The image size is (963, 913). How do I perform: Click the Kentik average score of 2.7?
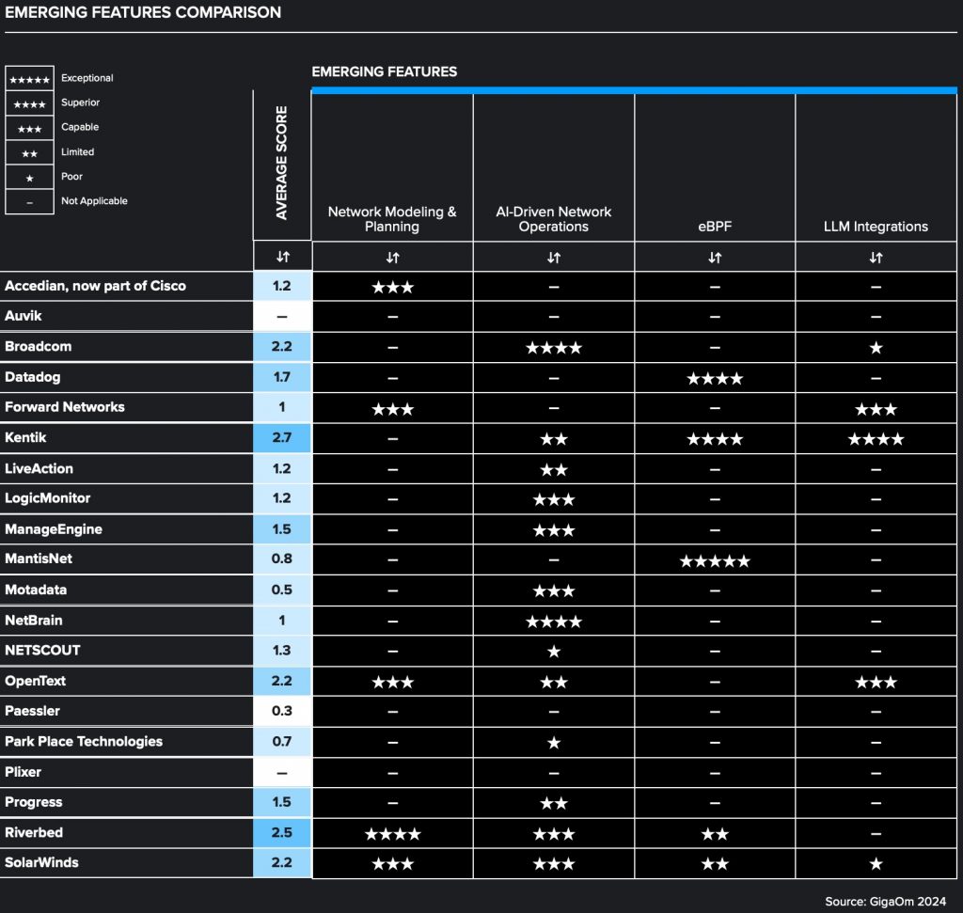(282, 438)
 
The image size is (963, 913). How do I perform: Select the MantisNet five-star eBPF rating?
(715, 561)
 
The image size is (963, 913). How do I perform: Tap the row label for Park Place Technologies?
(84, 741)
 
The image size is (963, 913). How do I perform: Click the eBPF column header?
(715, 226)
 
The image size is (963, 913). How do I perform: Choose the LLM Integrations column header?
(876, 226)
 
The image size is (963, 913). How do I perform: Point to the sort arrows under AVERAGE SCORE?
(282, 257)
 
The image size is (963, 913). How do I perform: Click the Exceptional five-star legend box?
(29, 79)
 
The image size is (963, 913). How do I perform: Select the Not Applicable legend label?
(94, 200)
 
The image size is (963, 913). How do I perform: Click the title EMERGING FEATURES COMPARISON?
(143, 12)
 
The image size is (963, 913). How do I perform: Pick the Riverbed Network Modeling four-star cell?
(392, 833)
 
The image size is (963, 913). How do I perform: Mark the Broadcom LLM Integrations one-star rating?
(876, 348)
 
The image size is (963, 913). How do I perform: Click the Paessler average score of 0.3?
(282, 711)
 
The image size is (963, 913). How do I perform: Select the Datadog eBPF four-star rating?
(715, 378)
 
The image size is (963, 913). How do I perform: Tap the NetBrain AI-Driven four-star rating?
(554, 622)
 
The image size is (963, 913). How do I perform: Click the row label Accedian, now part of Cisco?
(96, 286)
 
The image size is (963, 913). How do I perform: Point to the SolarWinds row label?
(42, 862)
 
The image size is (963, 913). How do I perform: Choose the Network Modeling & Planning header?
(392, 219)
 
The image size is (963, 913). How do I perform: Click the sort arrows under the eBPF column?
(715, 257)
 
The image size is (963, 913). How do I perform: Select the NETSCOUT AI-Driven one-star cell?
(554, 651)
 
